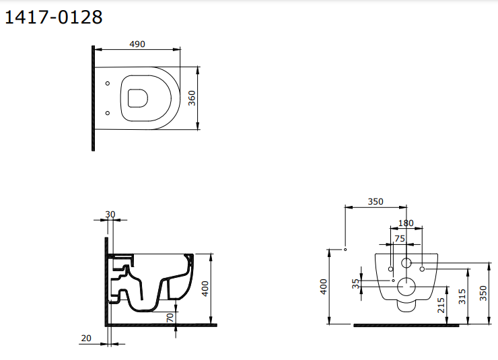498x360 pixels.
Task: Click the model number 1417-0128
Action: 54,17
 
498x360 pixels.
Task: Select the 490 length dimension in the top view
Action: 137,44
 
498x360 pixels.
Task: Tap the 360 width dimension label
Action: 192,98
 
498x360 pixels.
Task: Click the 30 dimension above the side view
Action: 110,215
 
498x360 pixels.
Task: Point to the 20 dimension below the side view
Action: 85,338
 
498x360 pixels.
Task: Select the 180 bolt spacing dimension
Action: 406,223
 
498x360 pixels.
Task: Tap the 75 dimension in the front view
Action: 399,238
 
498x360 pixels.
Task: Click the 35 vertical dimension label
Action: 357,284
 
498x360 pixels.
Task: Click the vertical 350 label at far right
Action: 483,293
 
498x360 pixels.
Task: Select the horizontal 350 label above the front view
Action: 376,201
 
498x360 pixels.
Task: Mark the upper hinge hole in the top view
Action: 108,84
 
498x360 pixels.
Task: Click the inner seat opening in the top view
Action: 137,98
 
